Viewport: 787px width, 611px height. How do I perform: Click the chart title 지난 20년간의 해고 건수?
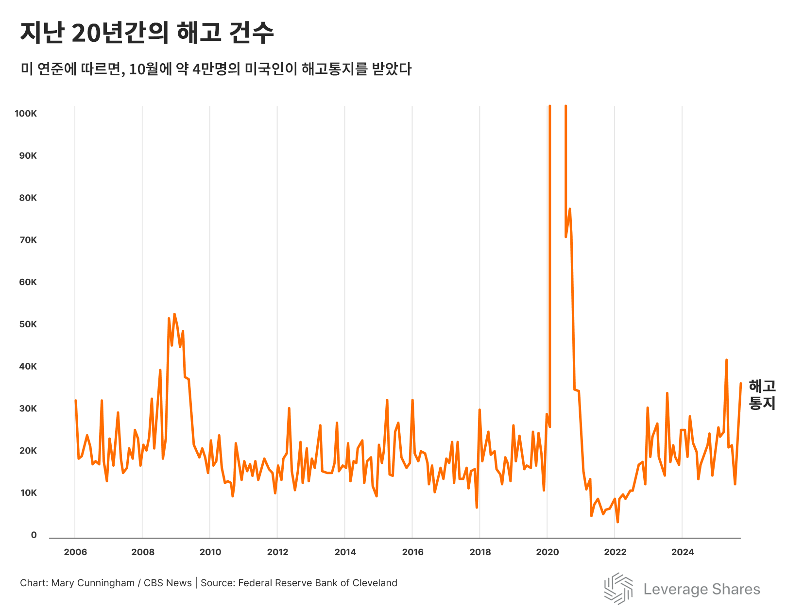pos(147,33)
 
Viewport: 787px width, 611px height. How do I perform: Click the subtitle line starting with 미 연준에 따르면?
pos(216,69)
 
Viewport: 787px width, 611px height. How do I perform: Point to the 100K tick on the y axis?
pos(26,114)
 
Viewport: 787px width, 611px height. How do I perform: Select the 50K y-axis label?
pos(28,324)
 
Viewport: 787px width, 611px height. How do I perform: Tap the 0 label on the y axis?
pos(34,535)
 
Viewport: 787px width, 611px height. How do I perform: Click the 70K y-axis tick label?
pos(28,240)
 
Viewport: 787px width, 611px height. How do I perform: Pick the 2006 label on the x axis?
pos(75,552)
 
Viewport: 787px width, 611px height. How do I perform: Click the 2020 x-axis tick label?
pos(547,552)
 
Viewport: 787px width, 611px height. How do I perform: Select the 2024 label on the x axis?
pos(683,552)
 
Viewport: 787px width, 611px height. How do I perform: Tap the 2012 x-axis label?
pos(277,552)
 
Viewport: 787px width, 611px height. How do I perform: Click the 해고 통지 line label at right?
pos(762,394)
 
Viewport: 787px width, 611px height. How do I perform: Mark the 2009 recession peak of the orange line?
pos(174,314)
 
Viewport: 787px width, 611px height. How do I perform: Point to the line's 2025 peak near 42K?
pos(726,360)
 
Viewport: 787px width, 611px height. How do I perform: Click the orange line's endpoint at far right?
pos(741,384)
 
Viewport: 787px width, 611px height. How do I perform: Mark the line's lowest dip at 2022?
pos(617,522)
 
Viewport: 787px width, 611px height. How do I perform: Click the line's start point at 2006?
pos(75,401)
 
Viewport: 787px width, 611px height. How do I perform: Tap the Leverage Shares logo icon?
pos(618,588)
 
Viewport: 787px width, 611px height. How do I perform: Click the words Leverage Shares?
pos(701,589)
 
